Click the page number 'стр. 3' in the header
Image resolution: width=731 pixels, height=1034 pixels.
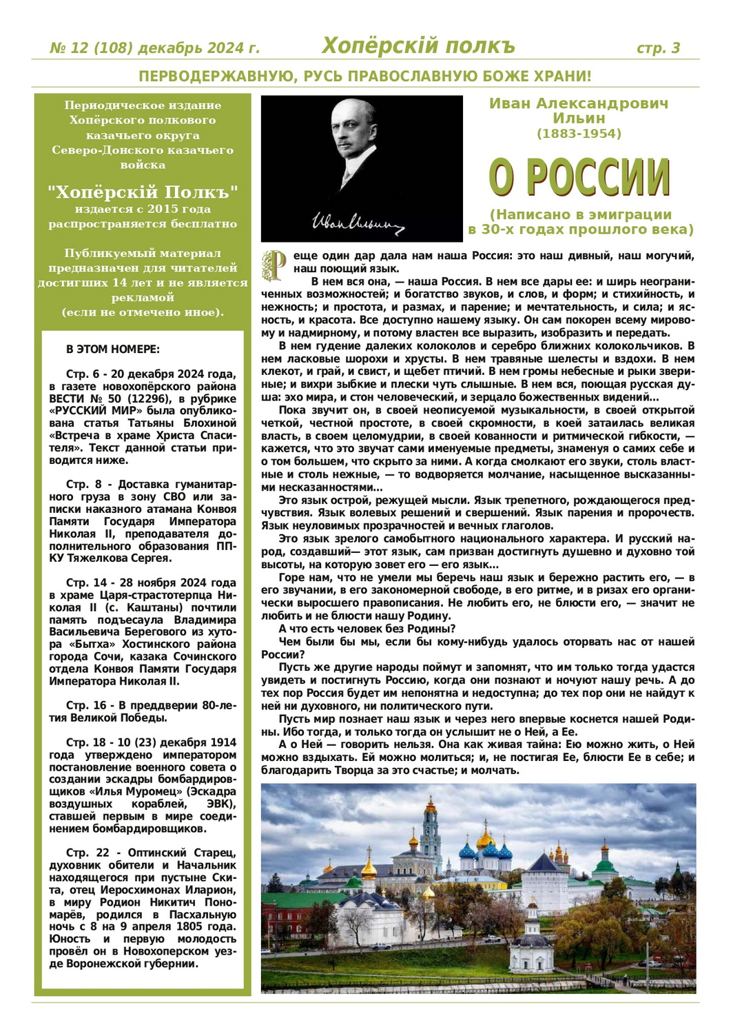(658, 48)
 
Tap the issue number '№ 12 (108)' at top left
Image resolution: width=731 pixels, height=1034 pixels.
(92, 48)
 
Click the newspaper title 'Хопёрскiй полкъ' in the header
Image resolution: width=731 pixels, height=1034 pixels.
(418, 46)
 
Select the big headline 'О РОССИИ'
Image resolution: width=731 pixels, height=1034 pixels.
(579, 176)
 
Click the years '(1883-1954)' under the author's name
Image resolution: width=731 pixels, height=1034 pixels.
(579, 134)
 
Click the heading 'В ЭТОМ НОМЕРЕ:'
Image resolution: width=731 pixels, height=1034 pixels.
(113, 349)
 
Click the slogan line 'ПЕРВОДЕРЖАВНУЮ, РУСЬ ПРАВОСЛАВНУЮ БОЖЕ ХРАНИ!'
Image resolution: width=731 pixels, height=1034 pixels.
(365, 77)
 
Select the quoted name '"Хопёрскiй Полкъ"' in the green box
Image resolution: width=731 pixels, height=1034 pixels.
(143, 192)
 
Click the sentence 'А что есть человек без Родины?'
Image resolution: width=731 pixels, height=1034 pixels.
(367, 629)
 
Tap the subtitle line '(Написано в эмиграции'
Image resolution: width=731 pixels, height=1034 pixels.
(580, 214)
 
